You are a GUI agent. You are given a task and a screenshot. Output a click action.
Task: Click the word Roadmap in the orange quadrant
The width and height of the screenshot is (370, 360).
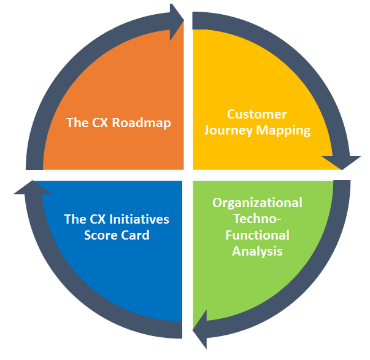coord(145,122)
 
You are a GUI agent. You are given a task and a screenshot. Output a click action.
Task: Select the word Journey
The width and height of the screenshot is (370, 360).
coord(229,130)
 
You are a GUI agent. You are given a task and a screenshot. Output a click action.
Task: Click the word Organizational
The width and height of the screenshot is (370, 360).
coord(257,203)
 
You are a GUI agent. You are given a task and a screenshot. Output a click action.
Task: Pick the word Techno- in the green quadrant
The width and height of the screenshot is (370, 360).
coord(257,219)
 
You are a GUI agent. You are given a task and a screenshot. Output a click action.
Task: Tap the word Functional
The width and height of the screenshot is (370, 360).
coord(257,235)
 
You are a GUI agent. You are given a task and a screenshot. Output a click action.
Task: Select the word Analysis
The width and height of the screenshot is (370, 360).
coord(257,251)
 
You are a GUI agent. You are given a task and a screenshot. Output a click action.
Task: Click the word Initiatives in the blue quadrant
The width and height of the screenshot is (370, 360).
coord(139,219)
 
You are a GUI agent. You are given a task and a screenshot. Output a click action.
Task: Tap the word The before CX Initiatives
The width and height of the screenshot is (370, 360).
coord(75,219)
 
